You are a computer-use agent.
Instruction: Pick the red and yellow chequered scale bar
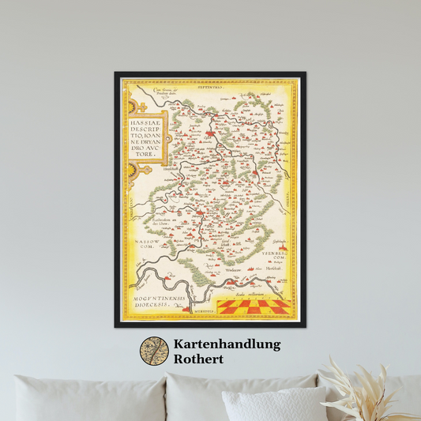click(254, 306)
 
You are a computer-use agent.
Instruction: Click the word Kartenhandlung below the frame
click(227, 344)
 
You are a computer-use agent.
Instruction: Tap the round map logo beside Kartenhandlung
click(154, 351)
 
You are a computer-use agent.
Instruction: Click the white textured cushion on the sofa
click(274, 404)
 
